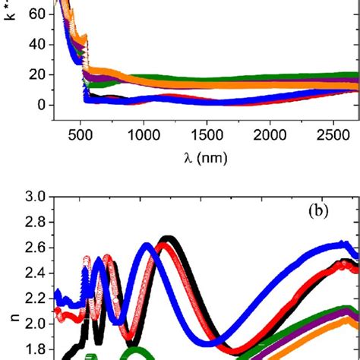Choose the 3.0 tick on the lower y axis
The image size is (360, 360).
point(33,197)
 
